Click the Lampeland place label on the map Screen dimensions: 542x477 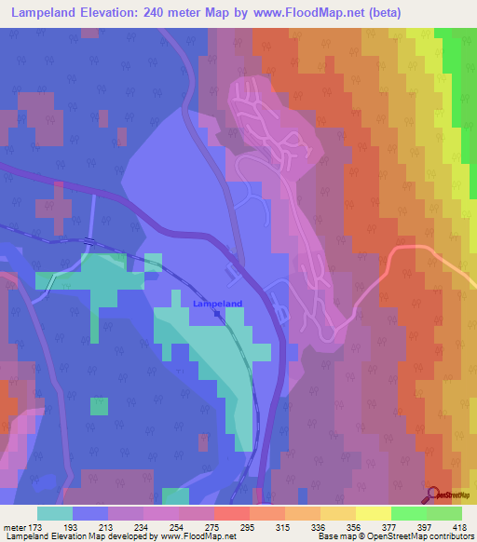(x=217, y=303)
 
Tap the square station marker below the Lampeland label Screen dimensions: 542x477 (x=217, y=314)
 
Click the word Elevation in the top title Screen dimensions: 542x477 (x=104, y=12)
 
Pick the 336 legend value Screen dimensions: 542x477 (x=318, y=526)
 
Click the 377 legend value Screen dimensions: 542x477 (x=388, y=526)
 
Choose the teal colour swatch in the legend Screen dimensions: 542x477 (x=55, y=513)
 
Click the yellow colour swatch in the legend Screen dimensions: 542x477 (x=373, y=513)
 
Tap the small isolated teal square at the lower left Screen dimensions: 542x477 (x=99, y=406)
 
